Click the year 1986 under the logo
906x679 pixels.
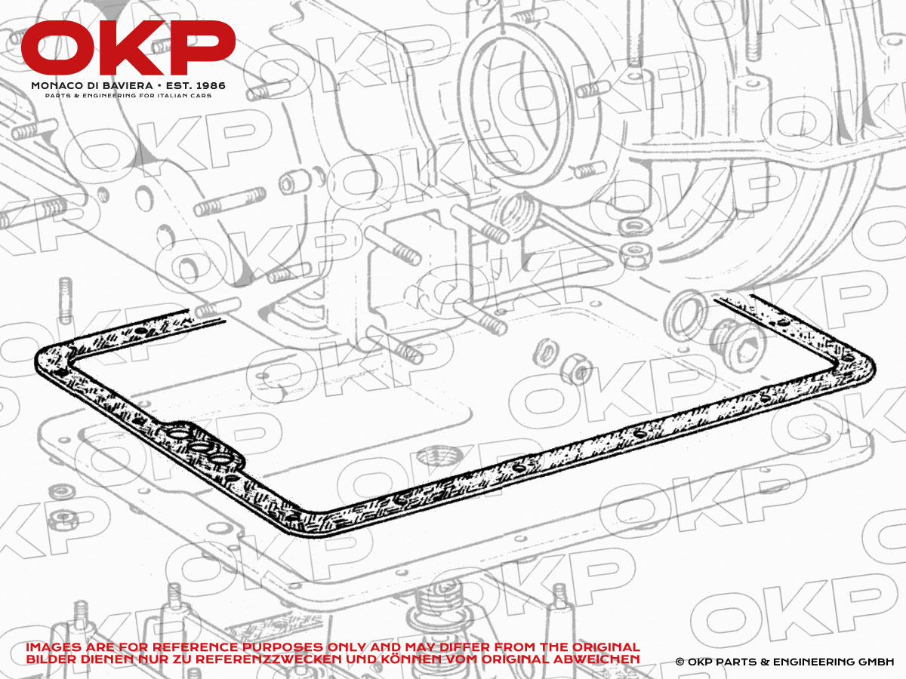point(210,86)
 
